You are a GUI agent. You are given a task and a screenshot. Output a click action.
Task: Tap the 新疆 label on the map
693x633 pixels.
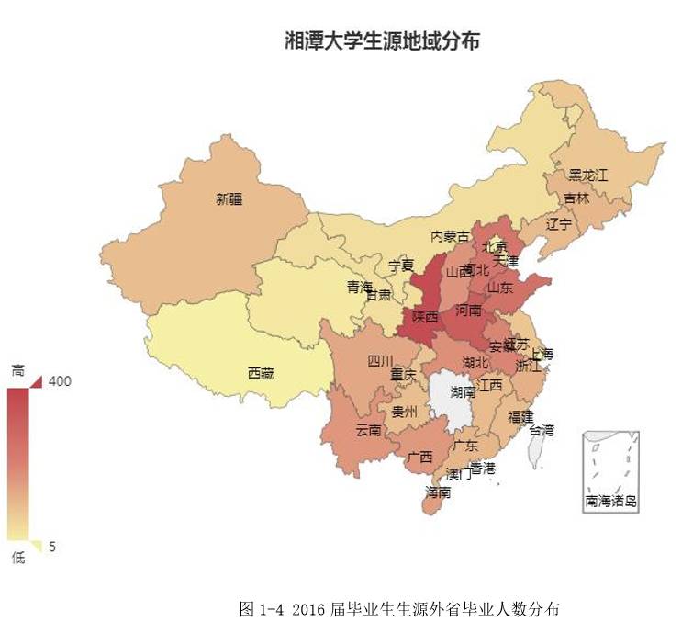tap(230, 198)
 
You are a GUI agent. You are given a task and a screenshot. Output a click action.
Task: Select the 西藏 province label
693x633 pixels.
tap(261, 373)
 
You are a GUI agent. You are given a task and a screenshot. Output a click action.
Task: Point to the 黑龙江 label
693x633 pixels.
tap(588, 174)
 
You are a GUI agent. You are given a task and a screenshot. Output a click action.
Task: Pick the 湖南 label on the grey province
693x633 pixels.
tap(464, 392)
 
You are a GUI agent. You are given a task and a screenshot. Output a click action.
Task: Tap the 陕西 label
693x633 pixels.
tap(425, 316)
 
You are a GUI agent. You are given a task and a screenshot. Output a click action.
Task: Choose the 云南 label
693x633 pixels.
tap(369, 430)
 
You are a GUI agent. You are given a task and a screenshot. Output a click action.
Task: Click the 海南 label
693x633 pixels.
tap(438, 492)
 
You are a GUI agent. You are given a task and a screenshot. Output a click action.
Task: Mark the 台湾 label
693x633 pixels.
tap(542, 429)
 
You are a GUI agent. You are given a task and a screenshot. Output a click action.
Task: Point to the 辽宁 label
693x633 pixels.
tap(559, 223)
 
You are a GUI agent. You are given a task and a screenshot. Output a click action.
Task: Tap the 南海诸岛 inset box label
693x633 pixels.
tap(610, 502)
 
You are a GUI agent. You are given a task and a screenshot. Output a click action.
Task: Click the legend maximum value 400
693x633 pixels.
tap(61, 380)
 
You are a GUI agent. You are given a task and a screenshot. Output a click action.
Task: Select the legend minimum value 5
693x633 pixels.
tap(52, 547)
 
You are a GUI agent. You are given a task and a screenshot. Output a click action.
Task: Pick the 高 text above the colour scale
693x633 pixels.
tap(17, 370)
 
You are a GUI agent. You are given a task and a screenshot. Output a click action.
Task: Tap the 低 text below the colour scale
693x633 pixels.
tap(17, 558)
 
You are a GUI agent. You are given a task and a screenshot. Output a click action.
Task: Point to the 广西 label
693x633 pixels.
tap(419, 457)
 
